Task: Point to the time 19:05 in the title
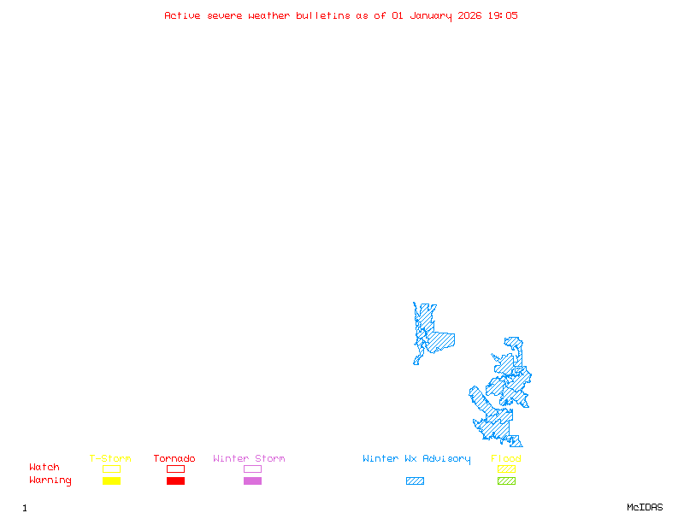[504, 15]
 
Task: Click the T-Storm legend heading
[110, 459]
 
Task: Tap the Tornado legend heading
[174, 459]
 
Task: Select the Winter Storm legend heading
[249, 459]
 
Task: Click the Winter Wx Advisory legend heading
[416, 459]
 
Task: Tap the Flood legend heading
[506, 459]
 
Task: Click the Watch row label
[44, 468]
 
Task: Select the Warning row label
[50, 481]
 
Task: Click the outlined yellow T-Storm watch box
[111, 469]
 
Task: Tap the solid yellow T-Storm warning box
[111, 481]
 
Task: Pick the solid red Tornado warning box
[175, 481]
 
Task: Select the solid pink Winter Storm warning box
[252, 481]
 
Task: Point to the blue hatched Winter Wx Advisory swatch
[415, 481]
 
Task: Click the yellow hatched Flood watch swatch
[506, 469]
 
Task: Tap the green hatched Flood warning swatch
[506, 481]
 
